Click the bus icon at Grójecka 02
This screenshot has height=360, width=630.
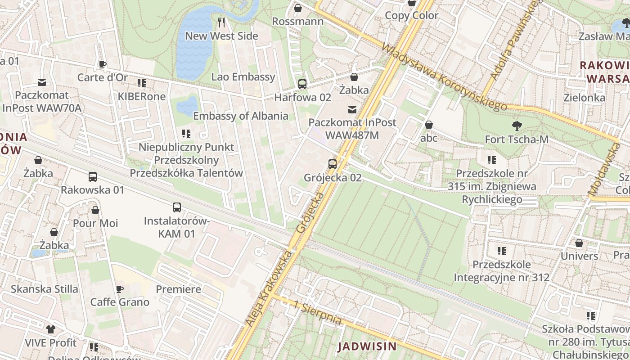[x=333, y=164]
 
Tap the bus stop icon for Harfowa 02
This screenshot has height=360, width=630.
[x=302, y=84]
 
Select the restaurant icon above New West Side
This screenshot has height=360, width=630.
[x=221, y=22]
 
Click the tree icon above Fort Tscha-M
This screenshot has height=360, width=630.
[x=517, y=126]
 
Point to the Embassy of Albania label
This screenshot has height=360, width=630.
[x=241, y=116]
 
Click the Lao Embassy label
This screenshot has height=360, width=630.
[x=243, y=77]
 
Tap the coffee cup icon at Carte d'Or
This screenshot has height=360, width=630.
[x=103, y=64]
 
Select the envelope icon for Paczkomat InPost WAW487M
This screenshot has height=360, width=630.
[x=352, y=109]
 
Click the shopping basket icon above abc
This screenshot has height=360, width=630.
[x=429, y=125]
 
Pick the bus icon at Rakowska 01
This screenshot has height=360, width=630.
[x=93, y=177]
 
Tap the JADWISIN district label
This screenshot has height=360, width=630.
[x=367, y=346]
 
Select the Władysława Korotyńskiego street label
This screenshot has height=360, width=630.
[x=443, y=77]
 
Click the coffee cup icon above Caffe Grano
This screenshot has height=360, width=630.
[x=119, y=289]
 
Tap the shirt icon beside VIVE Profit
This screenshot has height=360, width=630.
[x=50, y=329]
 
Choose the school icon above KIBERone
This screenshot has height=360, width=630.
[x=142, y=83]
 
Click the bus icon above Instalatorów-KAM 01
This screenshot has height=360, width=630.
[x=177, y=207]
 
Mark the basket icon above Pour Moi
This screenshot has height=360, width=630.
[x=95, y=210]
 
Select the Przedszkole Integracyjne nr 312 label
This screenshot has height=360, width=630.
[x=501, y=271]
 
